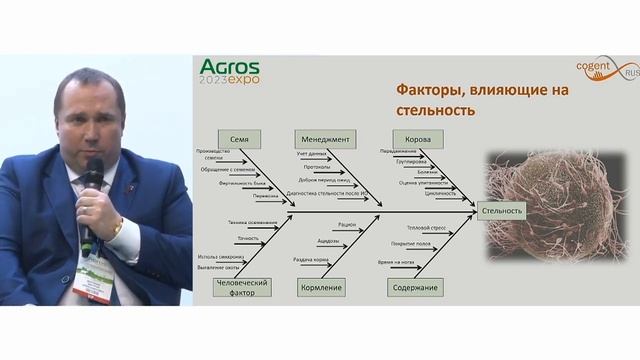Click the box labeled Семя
coord(239,139)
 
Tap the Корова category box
coord(412,139)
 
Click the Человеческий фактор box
coord(240,287)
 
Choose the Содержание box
coord(416,287)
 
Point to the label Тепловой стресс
coord(418,227)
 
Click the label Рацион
coord(347,226)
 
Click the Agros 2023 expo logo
coord(236,71)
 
